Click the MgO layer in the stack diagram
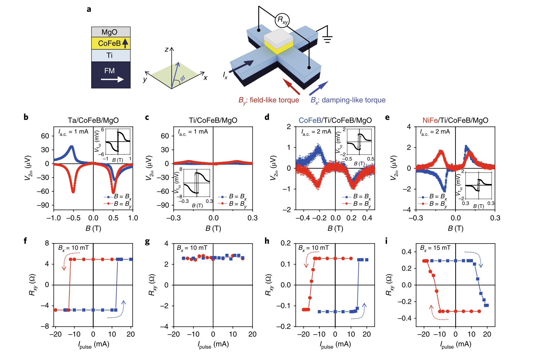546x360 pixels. tap(111, 32)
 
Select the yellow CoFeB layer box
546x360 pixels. tap(111, 43)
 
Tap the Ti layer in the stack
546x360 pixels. tap(111, 55)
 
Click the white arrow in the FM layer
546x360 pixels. tap(112, 79)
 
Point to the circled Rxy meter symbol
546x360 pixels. tap(282, 20)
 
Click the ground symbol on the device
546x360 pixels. tap(327, 38)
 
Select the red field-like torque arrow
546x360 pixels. tap(291, 86)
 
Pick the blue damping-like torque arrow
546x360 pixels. tap(318, 88)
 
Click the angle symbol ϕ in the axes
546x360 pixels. tap(182, 78)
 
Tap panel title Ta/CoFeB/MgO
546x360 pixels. tap(93, 120)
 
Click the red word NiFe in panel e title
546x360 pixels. tap(430, 120)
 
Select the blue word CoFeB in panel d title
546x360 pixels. tap(310, 120)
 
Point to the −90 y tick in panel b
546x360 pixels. tap(43, 205)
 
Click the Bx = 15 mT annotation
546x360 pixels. tap(435, 248)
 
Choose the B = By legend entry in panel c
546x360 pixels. tap(232, 204)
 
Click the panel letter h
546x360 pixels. tap(267, 241)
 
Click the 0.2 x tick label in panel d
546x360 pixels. tap(351, 218)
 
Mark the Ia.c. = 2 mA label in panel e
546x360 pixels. tap(435, 132)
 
